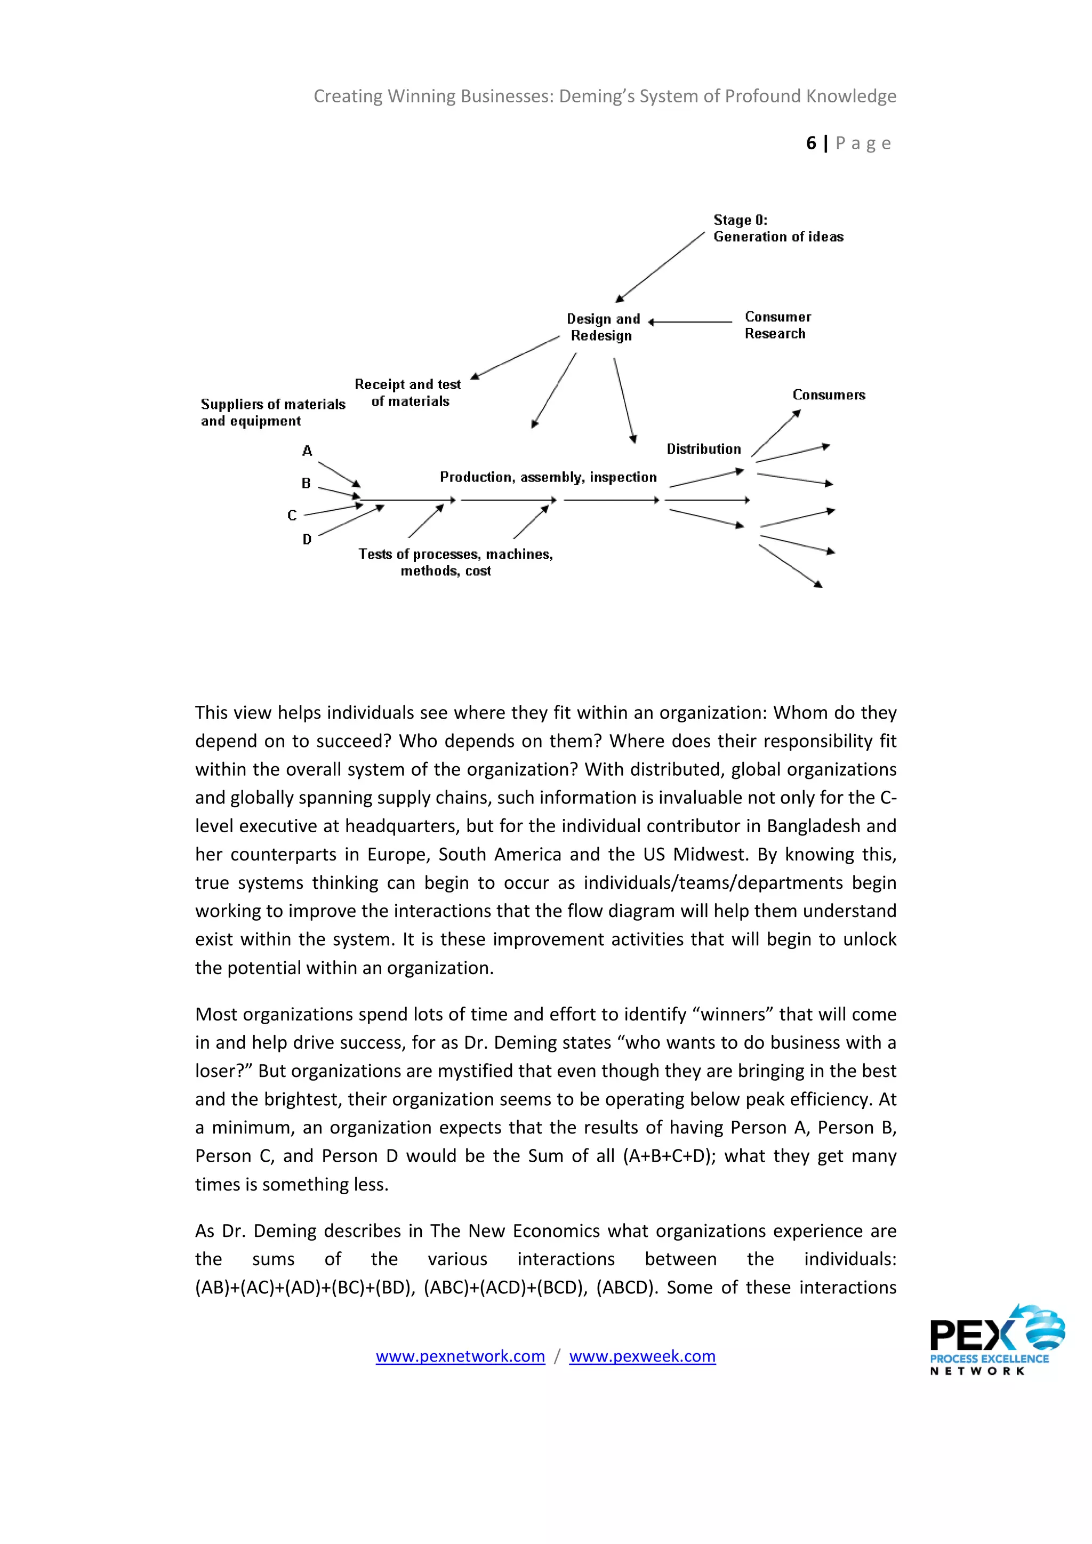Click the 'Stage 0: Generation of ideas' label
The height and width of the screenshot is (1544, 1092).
777,228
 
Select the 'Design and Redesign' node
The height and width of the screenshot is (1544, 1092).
603,327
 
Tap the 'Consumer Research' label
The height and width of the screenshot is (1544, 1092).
777,325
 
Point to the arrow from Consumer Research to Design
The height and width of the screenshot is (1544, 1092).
690,322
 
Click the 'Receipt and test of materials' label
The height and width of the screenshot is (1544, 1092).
408,393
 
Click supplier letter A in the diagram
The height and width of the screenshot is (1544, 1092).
307,451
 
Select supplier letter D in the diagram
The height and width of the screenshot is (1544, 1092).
307,540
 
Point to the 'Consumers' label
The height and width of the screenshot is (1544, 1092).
829,395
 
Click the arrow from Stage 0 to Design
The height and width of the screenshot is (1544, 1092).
660,267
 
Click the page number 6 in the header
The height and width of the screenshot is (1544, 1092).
811,143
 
